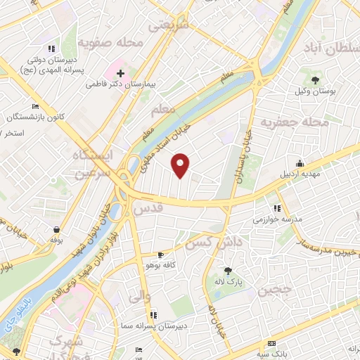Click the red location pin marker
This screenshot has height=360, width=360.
pos(181,165)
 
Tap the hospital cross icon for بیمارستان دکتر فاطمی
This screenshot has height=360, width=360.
pos(121,72)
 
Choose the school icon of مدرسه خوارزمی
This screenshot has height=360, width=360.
pos(277,208)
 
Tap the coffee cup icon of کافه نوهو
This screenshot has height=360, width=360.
pos(162,255)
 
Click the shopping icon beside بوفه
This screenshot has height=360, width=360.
pos(56,229)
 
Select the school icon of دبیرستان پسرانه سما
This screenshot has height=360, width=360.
pos(154,315)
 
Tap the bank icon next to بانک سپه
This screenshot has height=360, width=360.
pos(271,343)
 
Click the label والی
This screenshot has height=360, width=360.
pos(135,298)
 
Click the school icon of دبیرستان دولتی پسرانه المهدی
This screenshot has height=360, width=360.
pos(51,49)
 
